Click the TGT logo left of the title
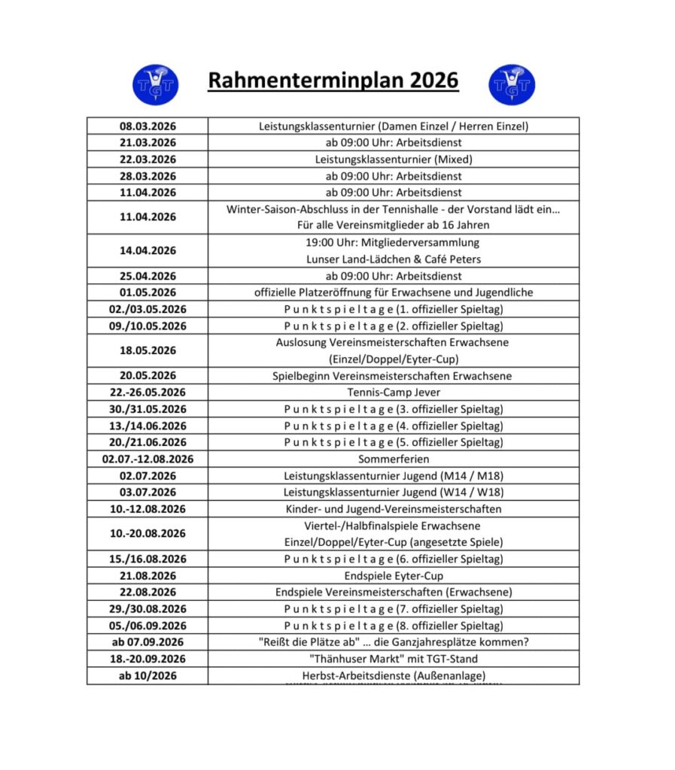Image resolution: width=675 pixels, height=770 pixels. pos(155,84)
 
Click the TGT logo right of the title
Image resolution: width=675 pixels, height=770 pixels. pos(512,84)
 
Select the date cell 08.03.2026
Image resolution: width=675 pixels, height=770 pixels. pos(147,126)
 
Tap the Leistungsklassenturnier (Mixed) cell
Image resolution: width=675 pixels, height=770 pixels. pos(394,159)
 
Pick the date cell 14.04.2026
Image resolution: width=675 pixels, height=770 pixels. pos(147,250)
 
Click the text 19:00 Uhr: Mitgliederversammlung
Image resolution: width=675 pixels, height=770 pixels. pos(394,243)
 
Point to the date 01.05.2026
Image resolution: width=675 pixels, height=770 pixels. pos(147,293)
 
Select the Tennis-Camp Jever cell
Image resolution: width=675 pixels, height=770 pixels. pos(394,393)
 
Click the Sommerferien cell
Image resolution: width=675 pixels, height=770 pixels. pos(394,459)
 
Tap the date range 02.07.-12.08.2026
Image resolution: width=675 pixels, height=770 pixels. pos(147,459)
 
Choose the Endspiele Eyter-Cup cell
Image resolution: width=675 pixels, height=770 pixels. pos(394,575)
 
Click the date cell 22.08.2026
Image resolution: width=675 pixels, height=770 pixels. pos(147,592)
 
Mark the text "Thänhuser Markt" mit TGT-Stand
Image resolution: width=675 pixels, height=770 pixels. pos(394,659)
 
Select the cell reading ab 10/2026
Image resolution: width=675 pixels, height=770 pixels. pos(147,675)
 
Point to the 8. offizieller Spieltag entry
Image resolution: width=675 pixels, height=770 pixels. pos(394,626)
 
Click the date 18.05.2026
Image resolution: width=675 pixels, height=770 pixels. pos(147,350)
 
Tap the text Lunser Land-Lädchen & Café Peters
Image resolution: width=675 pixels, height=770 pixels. pos(394,259)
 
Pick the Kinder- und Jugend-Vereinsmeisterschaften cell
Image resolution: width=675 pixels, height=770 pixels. pos(394,509)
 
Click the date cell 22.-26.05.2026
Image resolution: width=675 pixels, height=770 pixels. pos(147,393)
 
